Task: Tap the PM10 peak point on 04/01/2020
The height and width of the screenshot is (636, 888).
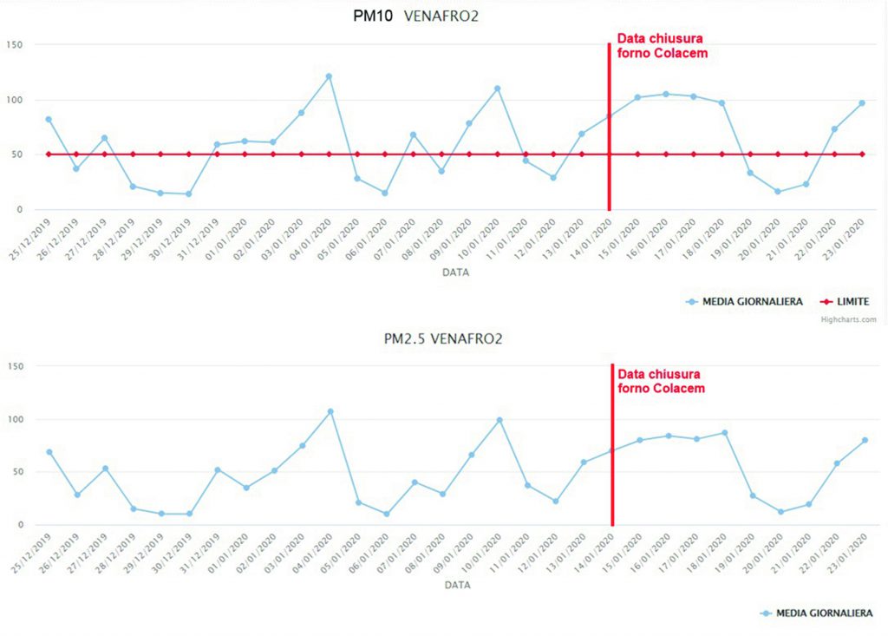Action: (x=329, y=76)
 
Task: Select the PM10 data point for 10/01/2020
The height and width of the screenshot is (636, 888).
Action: (x=497, y=89)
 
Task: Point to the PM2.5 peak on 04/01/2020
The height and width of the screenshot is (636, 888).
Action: (x=330, y=411)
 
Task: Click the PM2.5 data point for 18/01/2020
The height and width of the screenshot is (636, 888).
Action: (x=724, y=432)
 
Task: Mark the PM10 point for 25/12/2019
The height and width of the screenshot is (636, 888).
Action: (x=49, y=119)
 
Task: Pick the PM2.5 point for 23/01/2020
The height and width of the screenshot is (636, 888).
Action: (x=865, y=440)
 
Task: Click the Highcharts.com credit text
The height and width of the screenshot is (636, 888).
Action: (x=848, y=319)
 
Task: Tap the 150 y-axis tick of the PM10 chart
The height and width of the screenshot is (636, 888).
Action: (x=14, y=45)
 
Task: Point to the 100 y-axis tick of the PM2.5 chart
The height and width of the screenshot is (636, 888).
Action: (x=15, y=419)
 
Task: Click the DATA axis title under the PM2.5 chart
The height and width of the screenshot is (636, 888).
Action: (x=457, y=585)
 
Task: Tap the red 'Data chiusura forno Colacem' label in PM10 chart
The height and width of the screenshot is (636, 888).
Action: (x=662, y=45)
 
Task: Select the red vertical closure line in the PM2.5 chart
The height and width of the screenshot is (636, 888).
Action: (x=612, y=451)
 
